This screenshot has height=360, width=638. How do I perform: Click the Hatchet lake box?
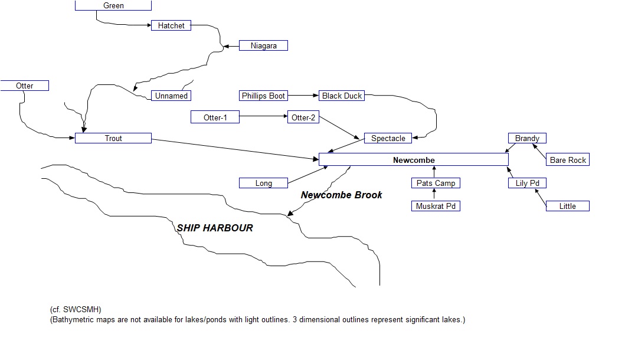click(171, 25)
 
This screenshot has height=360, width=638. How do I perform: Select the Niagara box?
click(263, 45)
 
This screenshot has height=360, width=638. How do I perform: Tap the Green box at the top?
click(113, 5)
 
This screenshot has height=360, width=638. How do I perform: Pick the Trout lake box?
click(113, 138)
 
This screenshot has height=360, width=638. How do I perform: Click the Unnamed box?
click(171, 96)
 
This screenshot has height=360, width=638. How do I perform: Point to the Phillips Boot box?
click(263, 96)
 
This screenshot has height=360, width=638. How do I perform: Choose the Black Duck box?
click(342, 96)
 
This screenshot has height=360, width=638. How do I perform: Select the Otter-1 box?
click(215, 117)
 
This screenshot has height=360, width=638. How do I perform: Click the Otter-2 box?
click(303, 117)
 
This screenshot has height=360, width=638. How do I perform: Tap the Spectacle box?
click(388, 138)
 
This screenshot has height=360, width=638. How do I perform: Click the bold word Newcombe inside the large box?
click(414, 160)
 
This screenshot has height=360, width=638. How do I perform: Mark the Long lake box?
click(263, 183)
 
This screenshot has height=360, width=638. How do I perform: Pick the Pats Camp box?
click(436, 183)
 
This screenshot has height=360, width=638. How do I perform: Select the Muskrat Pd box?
click(436, 206)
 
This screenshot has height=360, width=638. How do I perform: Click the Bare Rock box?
click(568, 160)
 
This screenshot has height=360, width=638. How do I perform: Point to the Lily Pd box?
click(527, 183)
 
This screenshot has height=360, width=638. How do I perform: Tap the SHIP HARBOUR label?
click(215, 228)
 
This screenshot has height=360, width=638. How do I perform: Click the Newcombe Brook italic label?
click(341, 195)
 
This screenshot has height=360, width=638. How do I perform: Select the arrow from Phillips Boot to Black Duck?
click(303, 96)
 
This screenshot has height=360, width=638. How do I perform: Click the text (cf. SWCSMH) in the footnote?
click(76, 309)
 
